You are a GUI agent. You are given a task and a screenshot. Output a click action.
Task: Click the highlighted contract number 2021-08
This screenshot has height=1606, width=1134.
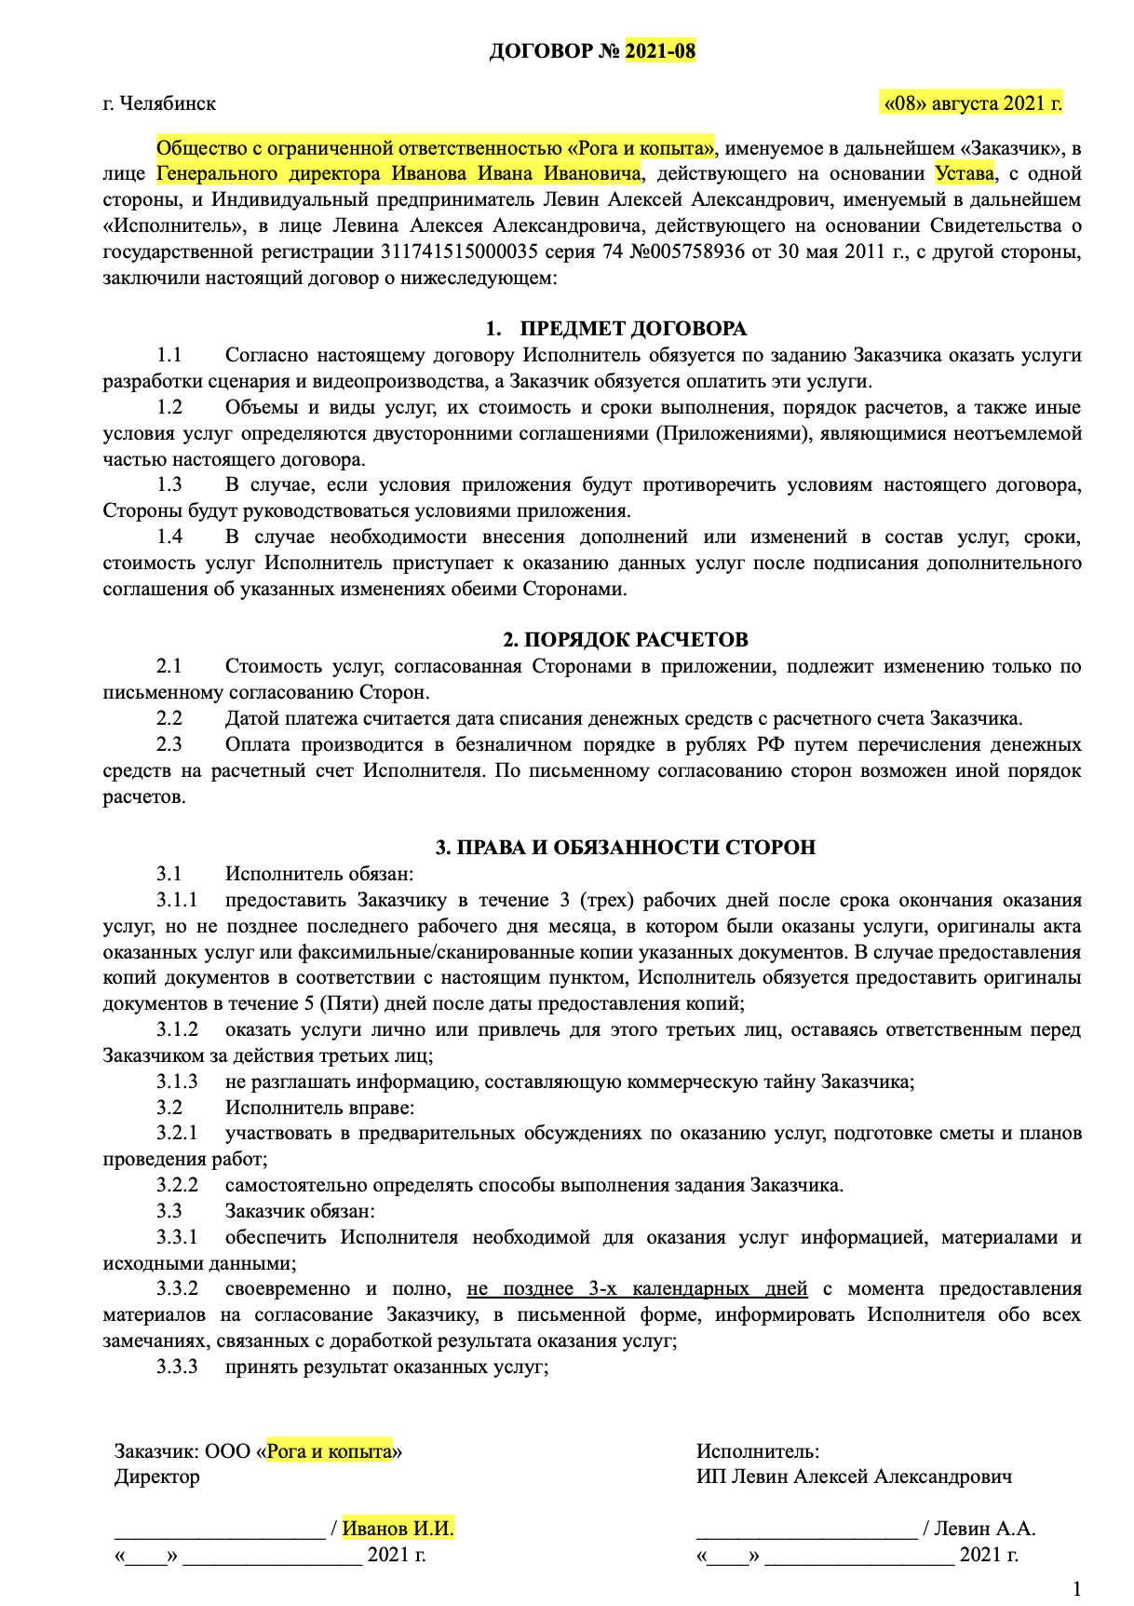(x=659, y=51)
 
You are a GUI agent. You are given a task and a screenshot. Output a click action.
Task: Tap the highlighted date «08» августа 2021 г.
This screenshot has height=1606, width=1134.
(x=972, y=102)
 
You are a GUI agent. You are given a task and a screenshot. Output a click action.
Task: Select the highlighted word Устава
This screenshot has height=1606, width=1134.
(x=965, y=174)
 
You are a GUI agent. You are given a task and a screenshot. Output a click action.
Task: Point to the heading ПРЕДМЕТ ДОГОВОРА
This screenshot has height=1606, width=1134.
(x=632, y=329)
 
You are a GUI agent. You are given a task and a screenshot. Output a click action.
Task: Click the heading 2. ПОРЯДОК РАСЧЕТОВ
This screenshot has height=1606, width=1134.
(x=626, y=640)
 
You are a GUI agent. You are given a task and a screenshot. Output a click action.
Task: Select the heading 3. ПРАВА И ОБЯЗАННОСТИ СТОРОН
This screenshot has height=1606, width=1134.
(x=626, y=848)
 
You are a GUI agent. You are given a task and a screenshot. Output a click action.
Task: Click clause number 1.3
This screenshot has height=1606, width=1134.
(x=169, y=485)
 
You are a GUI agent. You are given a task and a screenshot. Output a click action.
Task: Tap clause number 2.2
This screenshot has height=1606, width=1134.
(x=169, y=719)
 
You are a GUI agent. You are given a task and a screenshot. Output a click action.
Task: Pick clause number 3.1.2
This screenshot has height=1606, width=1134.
(x=177, y=1030)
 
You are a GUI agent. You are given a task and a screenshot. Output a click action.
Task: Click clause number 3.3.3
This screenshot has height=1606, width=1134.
(x=177, y=1368)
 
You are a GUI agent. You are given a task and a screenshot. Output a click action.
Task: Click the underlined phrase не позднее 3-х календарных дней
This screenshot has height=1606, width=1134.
(x=637, y=1289)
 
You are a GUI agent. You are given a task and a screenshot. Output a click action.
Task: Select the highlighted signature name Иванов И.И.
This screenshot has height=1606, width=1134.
(x=398, y=1529)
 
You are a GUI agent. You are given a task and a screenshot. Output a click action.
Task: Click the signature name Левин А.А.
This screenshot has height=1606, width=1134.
(x=984, y=1529)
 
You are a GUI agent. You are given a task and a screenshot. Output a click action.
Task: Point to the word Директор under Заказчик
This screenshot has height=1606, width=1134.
(x=156, y=1477)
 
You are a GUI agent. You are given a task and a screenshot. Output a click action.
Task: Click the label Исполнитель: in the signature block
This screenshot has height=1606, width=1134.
(x=757, y=1451)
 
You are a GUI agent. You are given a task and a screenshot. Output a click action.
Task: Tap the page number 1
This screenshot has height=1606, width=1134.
(x=1077, y=1588)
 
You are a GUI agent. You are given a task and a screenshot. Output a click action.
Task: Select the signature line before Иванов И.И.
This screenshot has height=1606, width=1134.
(x=219, y=1531)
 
